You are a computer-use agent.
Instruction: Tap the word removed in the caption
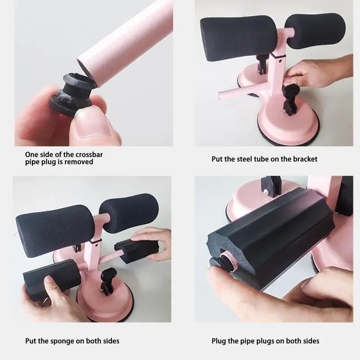click(79, 162)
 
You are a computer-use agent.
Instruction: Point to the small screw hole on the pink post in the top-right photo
click(280, 61)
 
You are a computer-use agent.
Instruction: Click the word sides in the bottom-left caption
click(110, 341)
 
